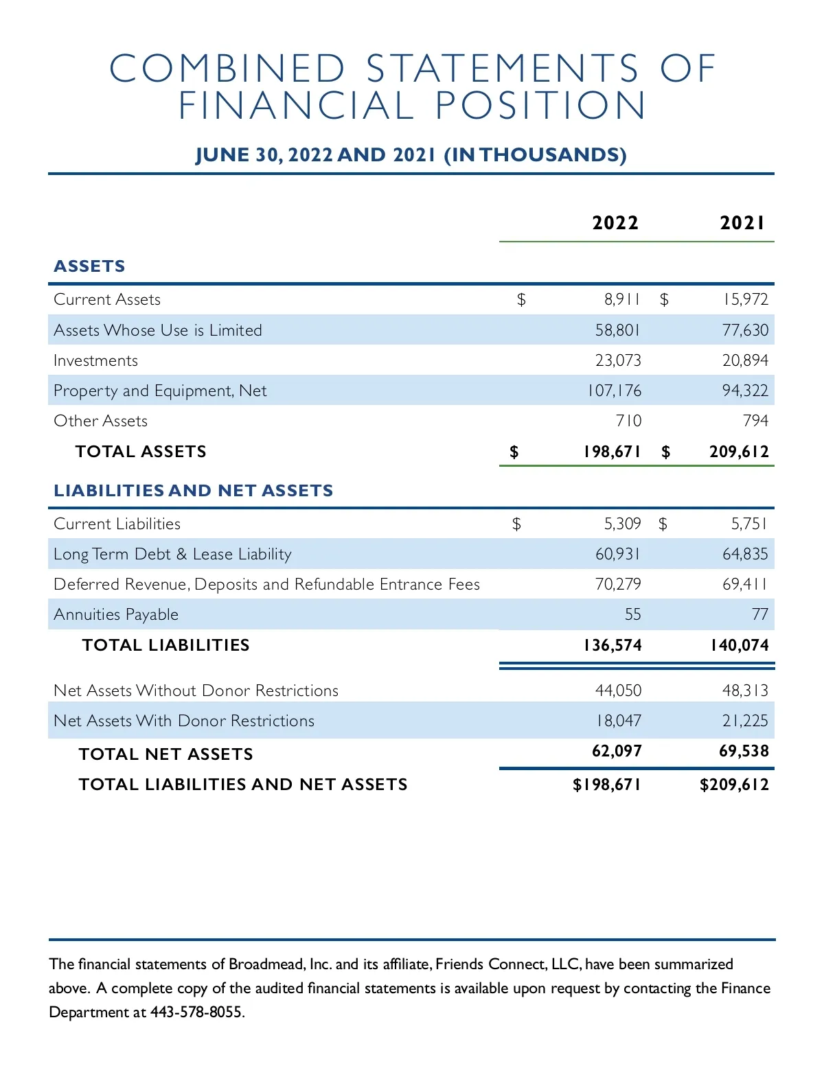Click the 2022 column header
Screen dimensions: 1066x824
(x=615, y=222)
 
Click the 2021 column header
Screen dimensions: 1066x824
(x=742, y=222)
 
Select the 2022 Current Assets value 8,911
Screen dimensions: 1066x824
(x=622, y=299)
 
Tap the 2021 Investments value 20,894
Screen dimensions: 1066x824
(x=745, y=360)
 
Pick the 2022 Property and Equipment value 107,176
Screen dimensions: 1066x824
(x=614, y=391)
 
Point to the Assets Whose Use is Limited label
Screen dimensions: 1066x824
(x=158, y=330)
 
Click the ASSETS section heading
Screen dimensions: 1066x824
(x=89, y=266)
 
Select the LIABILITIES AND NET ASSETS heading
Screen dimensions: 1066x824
(x=193, y=491)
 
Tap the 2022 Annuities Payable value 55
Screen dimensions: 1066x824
(x=632, y=614)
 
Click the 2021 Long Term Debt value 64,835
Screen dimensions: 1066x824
(x=745, y=554)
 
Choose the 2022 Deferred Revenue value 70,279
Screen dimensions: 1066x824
(x=618, y=584)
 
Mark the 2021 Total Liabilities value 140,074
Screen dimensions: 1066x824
(x=740, y=645)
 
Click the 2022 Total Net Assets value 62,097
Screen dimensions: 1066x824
(x=617, y=751)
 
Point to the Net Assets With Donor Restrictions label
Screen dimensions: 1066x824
(x=184, y=721)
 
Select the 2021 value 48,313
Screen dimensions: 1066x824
(x=745, y=691)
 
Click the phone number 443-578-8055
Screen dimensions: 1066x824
(x=196, y=1012)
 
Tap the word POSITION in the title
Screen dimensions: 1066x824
(x=540, y=106)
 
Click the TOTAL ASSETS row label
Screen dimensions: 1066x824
(x=141, y=452)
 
